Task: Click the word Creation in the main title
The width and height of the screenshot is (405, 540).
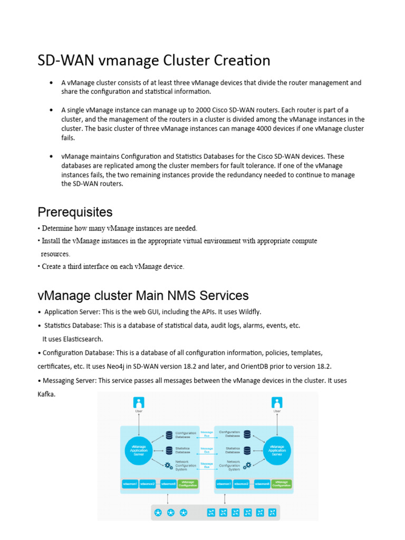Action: [242, 61]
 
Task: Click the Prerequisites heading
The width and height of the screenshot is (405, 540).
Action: [75, 212]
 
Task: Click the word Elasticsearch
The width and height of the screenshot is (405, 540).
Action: [80, 339]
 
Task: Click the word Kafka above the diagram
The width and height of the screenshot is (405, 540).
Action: [46, 394]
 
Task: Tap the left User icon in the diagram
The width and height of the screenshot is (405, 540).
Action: [139, 403]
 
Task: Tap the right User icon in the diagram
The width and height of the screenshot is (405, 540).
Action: [277, 403]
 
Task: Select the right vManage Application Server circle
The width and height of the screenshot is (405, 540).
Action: [277, 449]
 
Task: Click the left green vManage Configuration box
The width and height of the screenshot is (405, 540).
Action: [188, 483]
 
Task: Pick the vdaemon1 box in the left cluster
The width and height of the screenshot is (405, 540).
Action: [130, 484]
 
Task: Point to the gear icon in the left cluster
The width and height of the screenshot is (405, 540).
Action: [169, 466]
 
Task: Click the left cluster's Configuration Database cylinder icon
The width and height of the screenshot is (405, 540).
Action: [169, 435]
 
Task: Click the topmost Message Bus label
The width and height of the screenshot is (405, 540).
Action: [207, 434]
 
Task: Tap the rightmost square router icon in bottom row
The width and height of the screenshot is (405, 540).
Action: [273, 512]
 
